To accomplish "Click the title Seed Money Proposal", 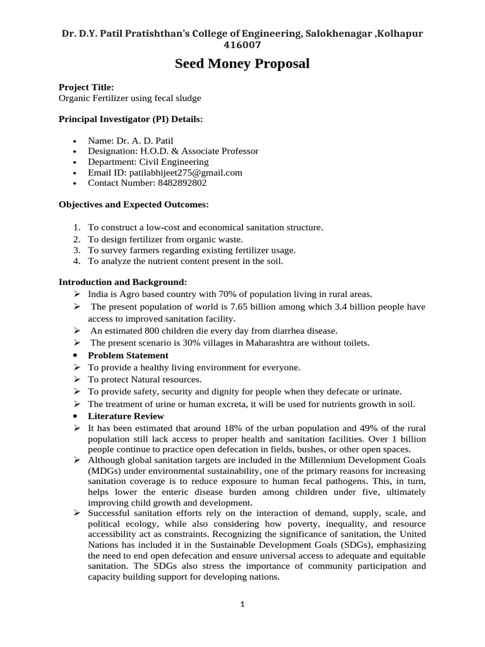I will [x=242, y=64].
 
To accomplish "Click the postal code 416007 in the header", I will [x=242, y=45].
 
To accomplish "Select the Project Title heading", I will [x=87, y=87].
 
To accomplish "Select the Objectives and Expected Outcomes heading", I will [x=133, y=205].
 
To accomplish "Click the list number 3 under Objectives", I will [x=76, y=250].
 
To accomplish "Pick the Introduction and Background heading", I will [x=123, y=282].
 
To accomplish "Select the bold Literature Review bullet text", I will [x=126, y=416].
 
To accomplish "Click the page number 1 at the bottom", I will [x=242, y=604].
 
